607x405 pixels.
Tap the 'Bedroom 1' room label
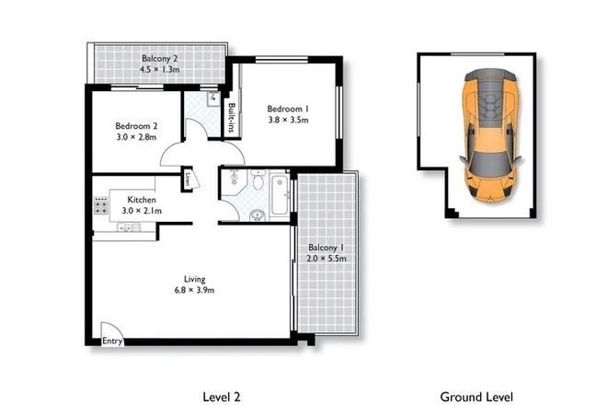tap(287, 108)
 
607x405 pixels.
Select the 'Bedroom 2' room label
tap(136, 126)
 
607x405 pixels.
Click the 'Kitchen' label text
tap(142, 200)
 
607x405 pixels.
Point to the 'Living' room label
tap(194, 279)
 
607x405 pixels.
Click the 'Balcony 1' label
tap(327, 248)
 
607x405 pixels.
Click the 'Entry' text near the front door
tap(112, 341)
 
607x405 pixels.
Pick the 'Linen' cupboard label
tap(188, 179)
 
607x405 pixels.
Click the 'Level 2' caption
tap(221, 397)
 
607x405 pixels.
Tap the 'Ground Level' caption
tap(475, 397)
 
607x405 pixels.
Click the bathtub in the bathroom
tap(277, 194)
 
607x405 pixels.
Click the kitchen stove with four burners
tap(99, 206)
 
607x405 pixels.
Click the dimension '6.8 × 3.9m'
tap(194, 291)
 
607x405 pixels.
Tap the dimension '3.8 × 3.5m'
tap(287, 120)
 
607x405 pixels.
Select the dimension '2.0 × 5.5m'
tap(327, 260)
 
